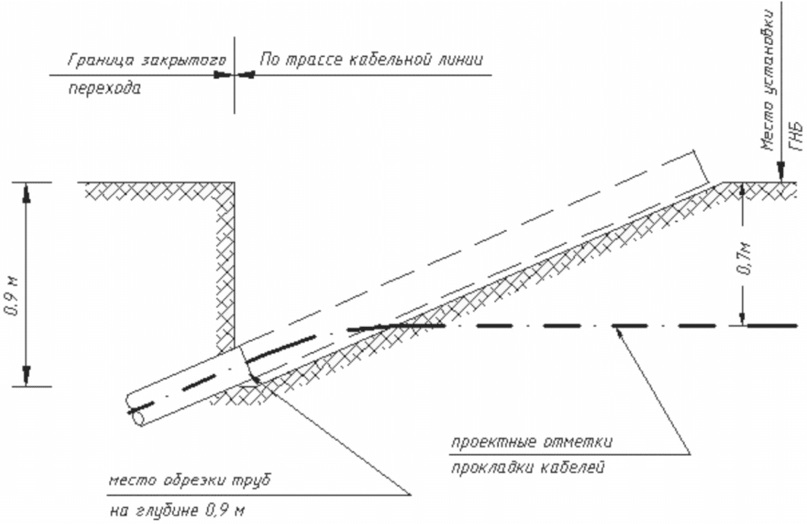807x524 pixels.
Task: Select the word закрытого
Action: tap(182, 61)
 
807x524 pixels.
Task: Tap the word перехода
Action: tap(104, 88)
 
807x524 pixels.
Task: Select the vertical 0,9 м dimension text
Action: tap(12, 296)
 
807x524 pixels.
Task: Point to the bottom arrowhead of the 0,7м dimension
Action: tap(741, 315)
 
